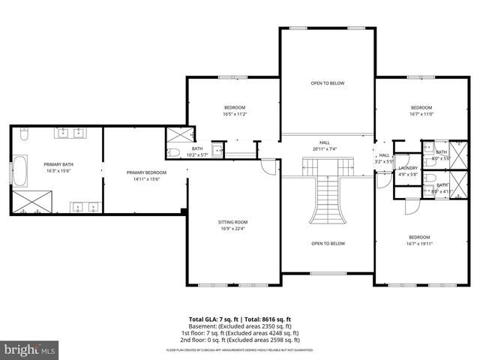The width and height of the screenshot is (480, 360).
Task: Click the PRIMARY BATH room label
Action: [58, 164]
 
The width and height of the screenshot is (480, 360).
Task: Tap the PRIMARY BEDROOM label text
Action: [146, 172]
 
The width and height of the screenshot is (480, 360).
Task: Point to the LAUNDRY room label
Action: [408, 167]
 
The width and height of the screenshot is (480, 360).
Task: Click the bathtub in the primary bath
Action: [20, 172]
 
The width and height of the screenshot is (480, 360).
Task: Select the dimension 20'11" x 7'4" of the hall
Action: [325, 148]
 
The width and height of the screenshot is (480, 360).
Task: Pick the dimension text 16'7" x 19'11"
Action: [419, 243]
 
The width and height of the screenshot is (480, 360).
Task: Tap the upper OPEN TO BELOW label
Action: [328, 83]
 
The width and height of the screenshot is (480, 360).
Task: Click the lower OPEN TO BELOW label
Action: [328, 243]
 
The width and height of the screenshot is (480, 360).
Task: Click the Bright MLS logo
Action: [30, 349]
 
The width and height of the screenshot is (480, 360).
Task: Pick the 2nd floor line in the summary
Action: [240, 339]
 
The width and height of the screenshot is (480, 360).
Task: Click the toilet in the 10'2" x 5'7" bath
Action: [173, 152]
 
